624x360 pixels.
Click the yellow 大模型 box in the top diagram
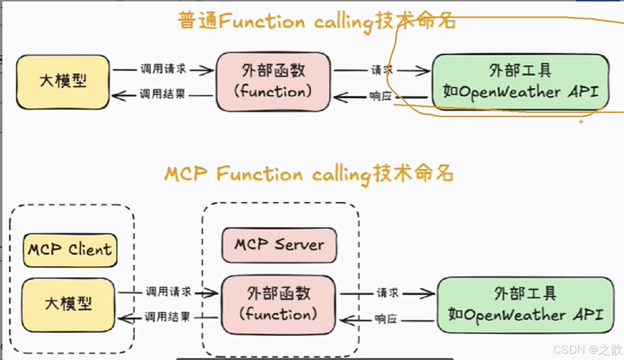tap(63, 82)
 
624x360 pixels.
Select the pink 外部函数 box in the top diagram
tap(273, 82)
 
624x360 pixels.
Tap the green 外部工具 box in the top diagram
tap(520, 82)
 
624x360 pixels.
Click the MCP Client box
tap(70, 250)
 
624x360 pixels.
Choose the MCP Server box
tap(279, 245)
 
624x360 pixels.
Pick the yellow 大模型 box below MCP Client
tap(68, 304)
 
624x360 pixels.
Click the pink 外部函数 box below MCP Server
tap(278, 304)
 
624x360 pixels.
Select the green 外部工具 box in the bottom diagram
tap(525, 305)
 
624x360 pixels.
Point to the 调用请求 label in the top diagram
tap(163, 69)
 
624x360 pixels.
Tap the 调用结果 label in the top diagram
tap(162, 94)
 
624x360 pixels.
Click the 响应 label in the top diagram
tap(381, 96)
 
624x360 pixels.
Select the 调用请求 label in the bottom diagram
tap(168, 292)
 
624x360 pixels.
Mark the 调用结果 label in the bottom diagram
tap(167, 317)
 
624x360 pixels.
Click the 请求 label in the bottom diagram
tap(388, 293)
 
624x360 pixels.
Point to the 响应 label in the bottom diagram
tap(386, 319)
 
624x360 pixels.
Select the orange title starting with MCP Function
tap(308, 174)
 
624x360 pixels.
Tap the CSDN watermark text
tap(588, 350)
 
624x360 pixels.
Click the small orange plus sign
tap(581, 122)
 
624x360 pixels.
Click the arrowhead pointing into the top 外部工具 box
tap(424, 71)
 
